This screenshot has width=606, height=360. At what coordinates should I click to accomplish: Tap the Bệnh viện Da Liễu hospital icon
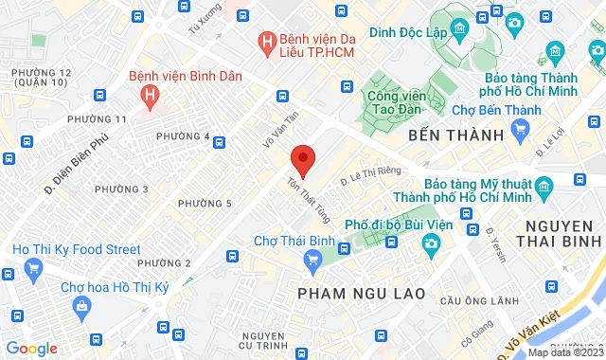point(268,42)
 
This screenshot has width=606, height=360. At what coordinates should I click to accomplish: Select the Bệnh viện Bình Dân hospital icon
point(149,95)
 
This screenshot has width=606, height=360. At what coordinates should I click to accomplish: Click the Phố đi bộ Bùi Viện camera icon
point(430,244)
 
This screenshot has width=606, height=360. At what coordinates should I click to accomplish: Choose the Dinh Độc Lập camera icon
point(515,22)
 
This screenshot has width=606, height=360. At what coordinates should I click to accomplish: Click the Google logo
point(31,348)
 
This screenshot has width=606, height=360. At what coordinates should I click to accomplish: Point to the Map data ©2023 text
point(564,352)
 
